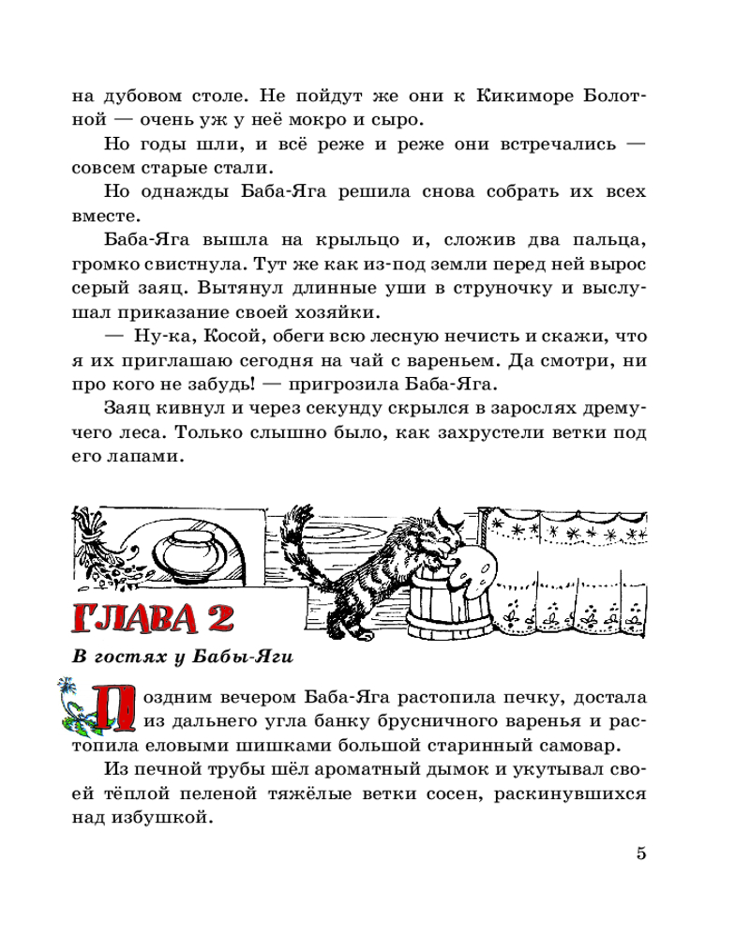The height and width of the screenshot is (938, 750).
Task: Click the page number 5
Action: [641, 854]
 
